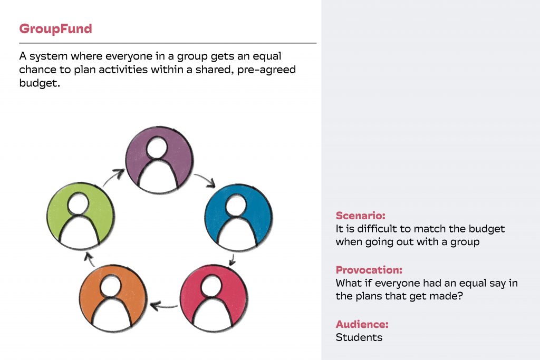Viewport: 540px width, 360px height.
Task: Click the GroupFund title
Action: click(x=55, y=29)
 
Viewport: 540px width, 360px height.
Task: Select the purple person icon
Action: click(x=159, y=160)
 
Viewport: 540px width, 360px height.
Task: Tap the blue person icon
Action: click(x=238, y=218)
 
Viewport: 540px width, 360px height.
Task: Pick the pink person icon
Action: click(x=214, y=298)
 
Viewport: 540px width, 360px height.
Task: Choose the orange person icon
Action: click(x=113, y=298)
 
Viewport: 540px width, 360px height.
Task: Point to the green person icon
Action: click(x=81, y=216)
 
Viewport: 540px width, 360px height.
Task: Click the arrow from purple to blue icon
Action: click(x=205, y=180)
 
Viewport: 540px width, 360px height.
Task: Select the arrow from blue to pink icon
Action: click(x=233, y=260)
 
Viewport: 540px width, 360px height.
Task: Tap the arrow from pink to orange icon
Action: click(x=164, y=306)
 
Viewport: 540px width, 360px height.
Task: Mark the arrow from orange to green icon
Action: click(x=90, y=259)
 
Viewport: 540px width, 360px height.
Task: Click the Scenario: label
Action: click(x=361, y=216)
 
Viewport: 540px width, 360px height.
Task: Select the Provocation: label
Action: click(x=369, y=270)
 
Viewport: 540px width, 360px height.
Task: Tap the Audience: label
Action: click(x=362, y=324)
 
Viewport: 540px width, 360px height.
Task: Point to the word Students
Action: click(x=359, y=337)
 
